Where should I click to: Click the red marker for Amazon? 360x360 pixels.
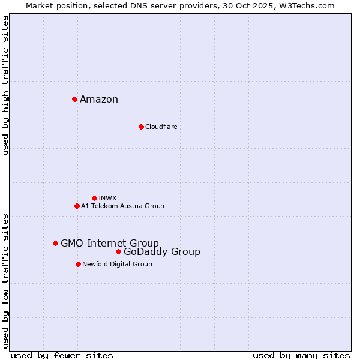(74, 99)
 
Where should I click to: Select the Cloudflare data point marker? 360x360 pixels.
(141, 127)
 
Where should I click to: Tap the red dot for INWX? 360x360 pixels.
(94, 198)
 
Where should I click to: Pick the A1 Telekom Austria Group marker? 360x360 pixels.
(77, 206)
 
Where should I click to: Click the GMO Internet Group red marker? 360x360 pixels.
(55, 243)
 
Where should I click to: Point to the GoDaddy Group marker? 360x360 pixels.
(118, 251)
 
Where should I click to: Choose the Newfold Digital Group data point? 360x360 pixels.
(78, 264)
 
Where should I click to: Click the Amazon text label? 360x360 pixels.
(99, 100)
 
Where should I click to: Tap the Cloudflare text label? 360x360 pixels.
(161, 127)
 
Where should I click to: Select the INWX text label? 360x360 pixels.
(107, 198)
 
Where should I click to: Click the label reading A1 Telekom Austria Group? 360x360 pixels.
(122, 206)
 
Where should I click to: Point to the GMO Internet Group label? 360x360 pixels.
(110, 243)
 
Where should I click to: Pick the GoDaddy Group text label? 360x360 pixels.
(162, 252)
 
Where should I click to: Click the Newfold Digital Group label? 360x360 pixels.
(117, 264)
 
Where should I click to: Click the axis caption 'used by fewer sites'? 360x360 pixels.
(62, 355)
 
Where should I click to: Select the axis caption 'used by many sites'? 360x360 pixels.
(301, 355)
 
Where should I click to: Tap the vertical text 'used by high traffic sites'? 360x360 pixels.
(6, 85)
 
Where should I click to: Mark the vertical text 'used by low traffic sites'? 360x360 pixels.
(6, 281)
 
